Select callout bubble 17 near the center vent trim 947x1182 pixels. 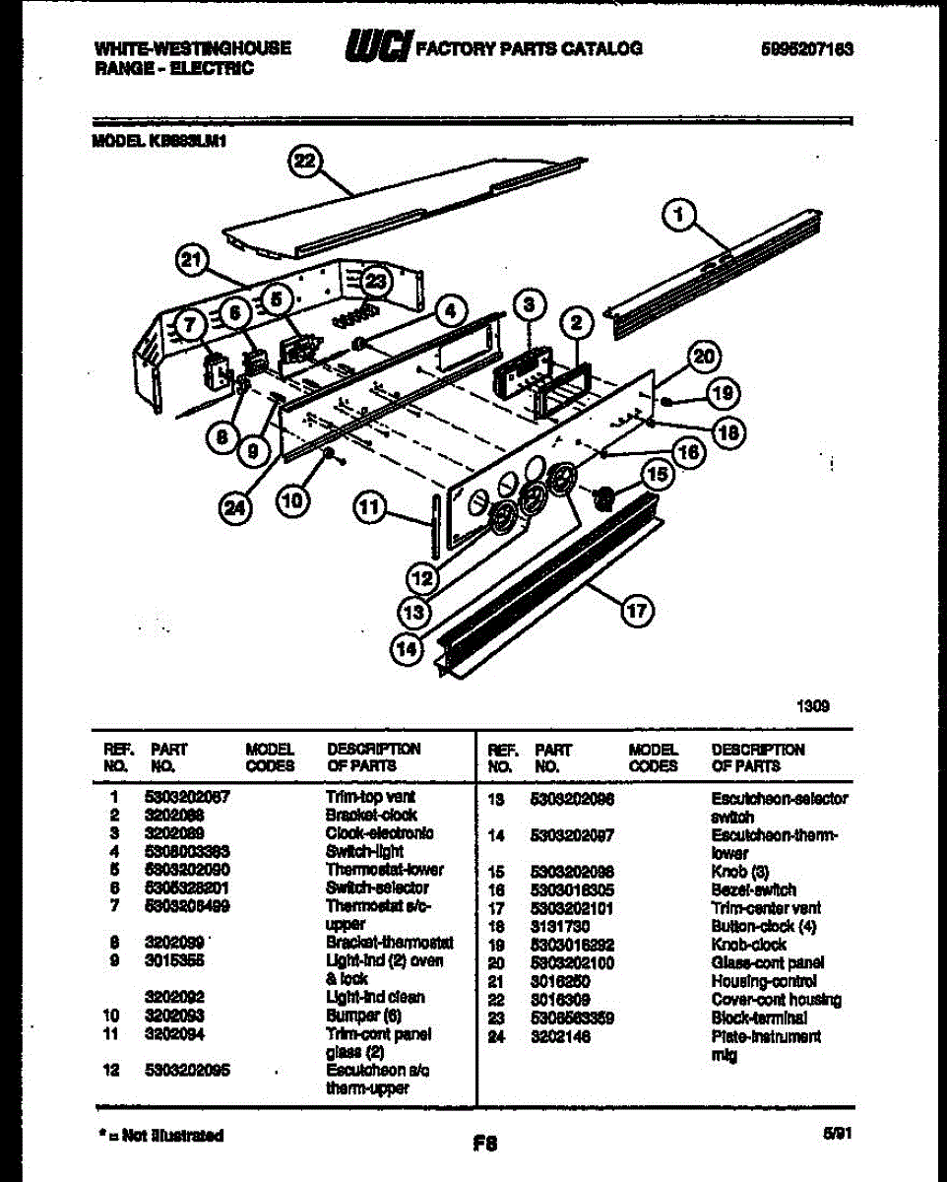(635, 612)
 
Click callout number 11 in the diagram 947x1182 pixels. (369, 507)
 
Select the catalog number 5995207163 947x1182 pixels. (806, 47)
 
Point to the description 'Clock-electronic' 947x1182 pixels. (379, 832)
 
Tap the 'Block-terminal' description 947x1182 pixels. (759, 1018)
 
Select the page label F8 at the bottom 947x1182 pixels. (484, 1144)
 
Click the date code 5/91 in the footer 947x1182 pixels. (838, 1134)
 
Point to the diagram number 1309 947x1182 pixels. (813, 705)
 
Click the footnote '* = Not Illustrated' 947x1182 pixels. (161, 1136)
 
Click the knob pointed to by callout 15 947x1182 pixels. (604, 498)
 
